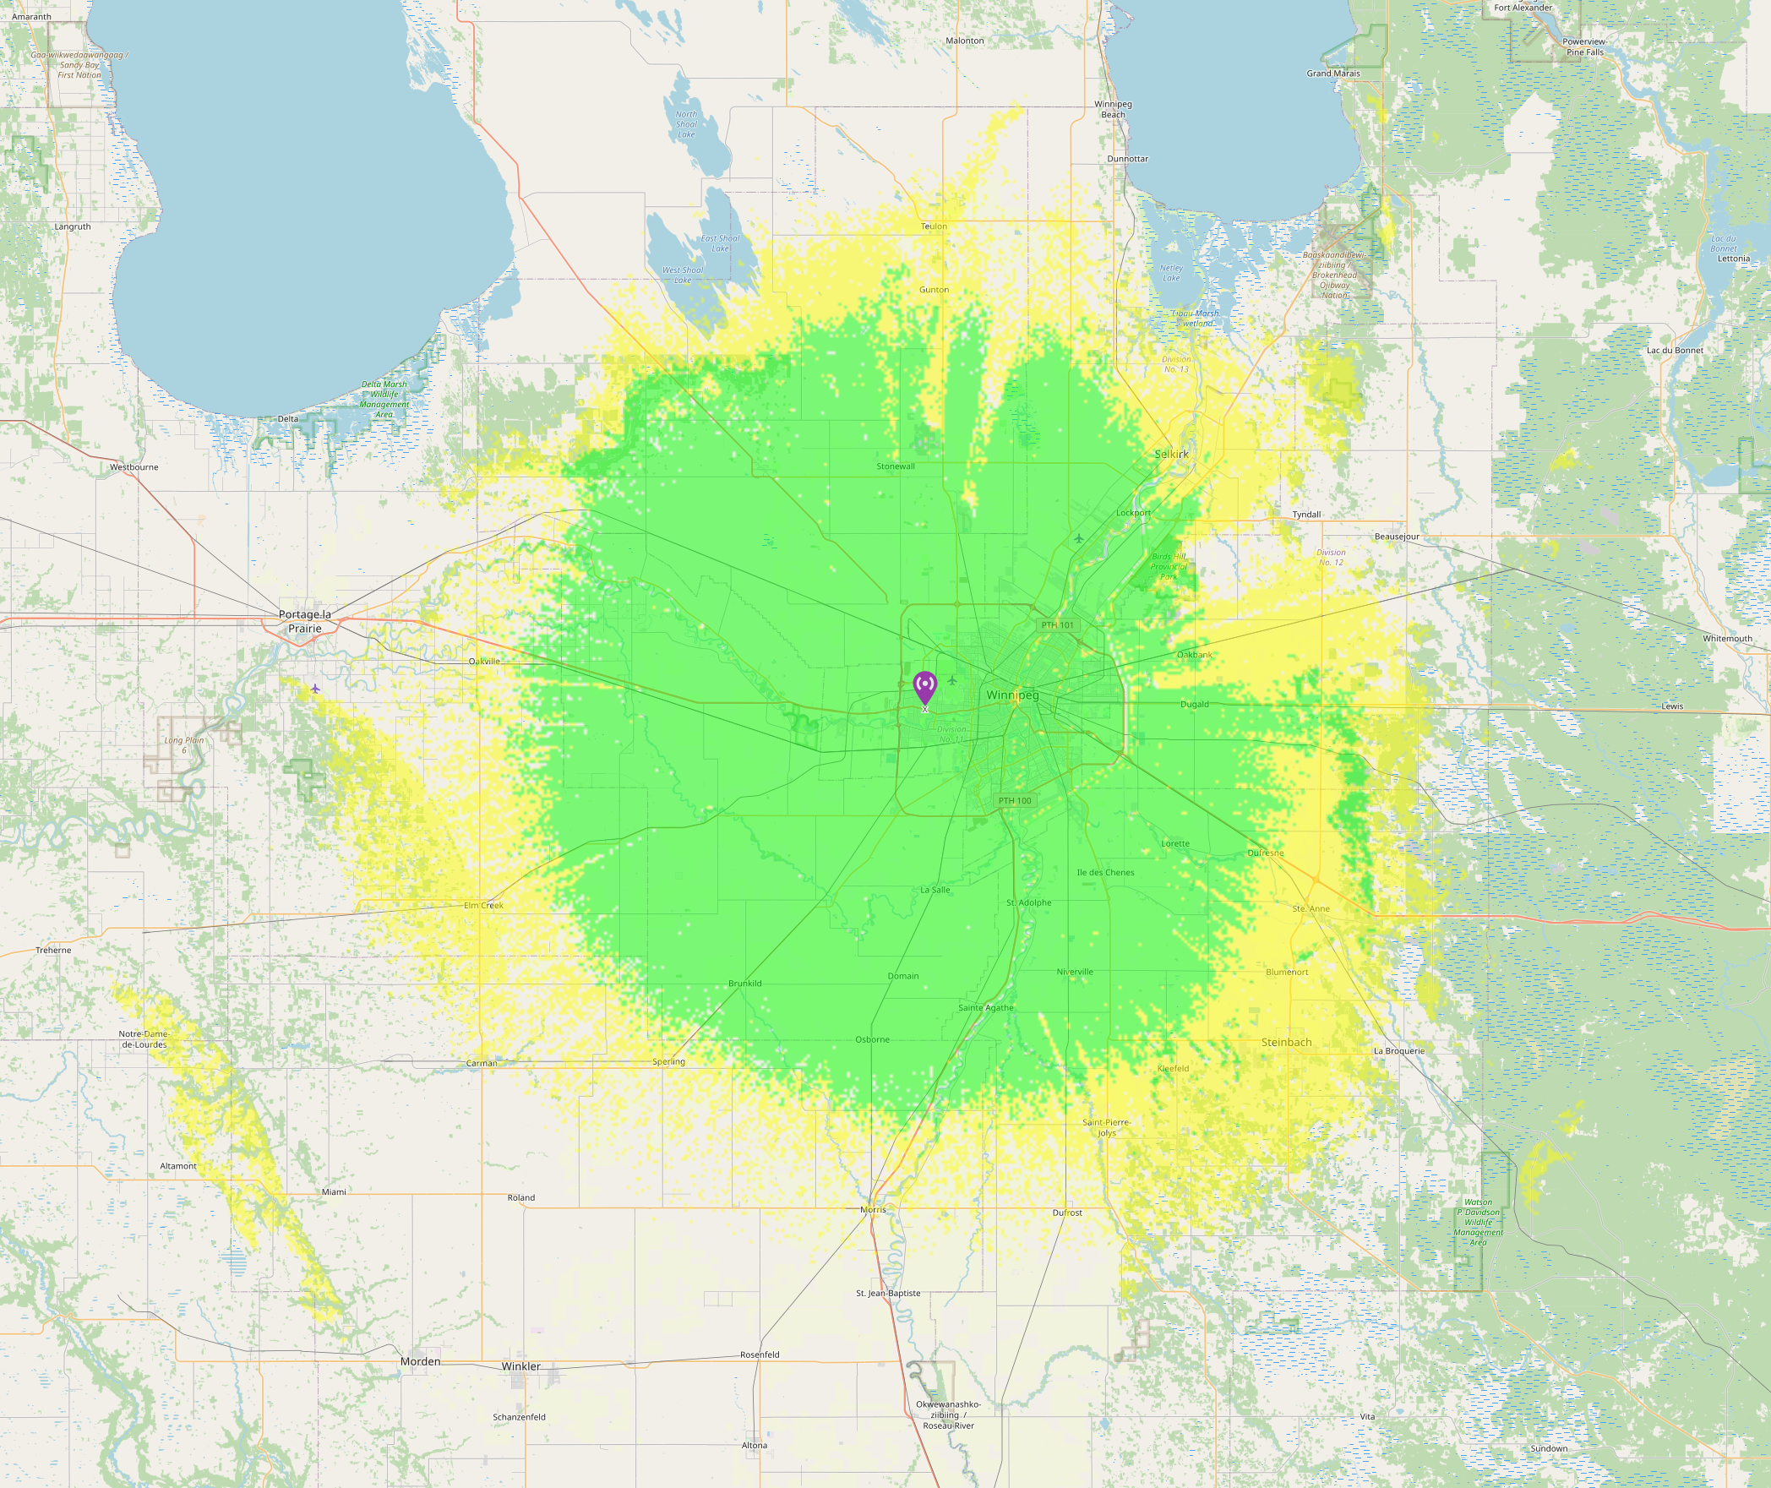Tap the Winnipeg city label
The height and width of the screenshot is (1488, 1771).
(x=1012, y=695)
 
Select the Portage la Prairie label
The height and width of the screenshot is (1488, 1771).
(x=305, y=621)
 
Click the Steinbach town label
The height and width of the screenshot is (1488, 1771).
(x=1286, y=1042)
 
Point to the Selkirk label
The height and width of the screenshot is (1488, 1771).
(x=1171, y=454)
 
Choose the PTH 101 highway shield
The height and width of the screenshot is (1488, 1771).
(x=1057, y=625)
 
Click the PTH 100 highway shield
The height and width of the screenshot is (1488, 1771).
(x=1015, y=800)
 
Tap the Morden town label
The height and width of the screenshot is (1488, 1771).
(x=421, y=1361)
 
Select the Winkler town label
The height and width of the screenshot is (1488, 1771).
(x=520, y=1366)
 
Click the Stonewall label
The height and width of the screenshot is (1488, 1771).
(x=896, y=466)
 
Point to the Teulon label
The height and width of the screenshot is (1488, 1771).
(x=934, y=226)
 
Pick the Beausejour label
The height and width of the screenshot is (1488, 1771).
(x=1397, y=537)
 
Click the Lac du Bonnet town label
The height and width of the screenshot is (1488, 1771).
(x=1675, y=350)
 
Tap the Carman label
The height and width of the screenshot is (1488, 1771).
(x=482, y=1063)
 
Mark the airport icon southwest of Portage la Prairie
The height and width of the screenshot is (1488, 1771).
(x=315, y=689)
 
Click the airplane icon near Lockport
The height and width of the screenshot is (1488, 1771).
(x=1079, y=538)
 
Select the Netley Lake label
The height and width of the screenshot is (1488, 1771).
(x=1171, y=273)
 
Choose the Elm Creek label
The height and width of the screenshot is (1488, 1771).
(x=483, y=905)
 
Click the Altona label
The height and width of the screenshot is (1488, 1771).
(x=755, y=1445)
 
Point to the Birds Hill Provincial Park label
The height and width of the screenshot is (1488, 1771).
(x=1169, y=566)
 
